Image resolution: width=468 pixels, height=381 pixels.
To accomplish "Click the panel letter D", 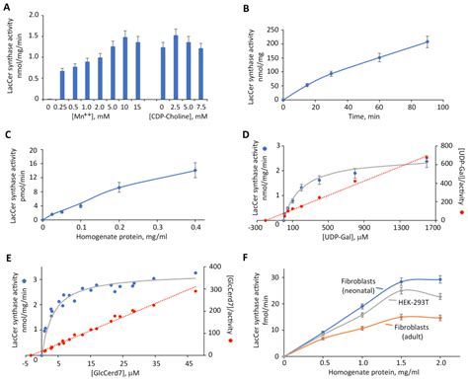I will (x=244, y=135).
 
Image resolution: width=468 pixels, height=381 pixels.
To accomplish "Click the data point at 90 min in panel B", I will (x=427, y=41).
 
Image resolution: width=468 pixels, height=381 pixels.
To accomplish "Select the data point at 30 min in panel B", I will (x=331, y=73).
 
